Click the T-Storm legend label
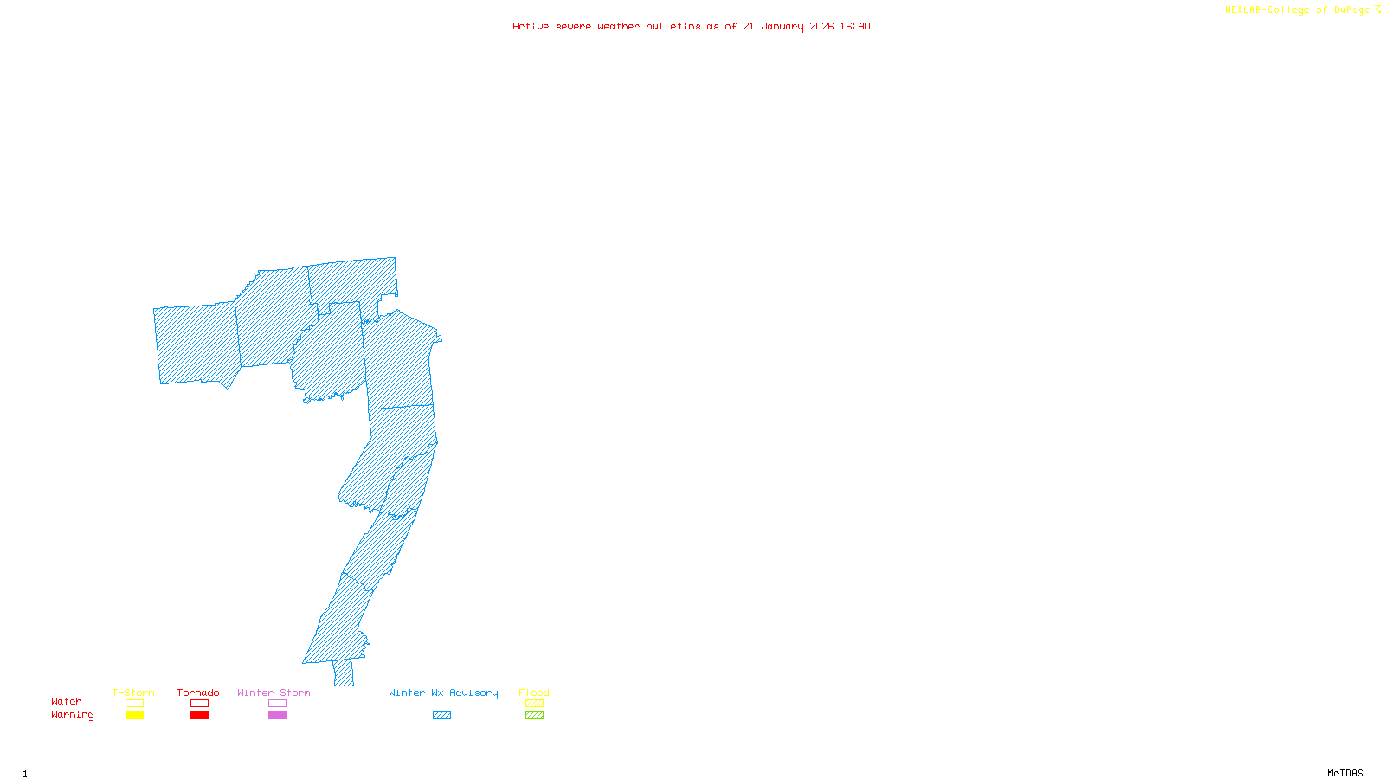pyautogui.click(x=133, y=692)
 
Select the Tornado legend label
pyautogui.click(x=198, y=692)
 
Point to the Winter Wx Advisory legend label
pyautogui.click(x=443, y=692)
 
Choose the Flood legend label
pyautogui.click(x=534, y=692)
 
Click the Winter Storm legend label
pyautogui.click(x=274, y=692)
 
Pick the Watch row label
pyautogui.click(x=67, y=701)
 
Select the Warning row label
pyautogui.click(x=73, y=715)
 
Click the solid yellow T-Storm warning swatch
pyautogui.click(x=134, y=716)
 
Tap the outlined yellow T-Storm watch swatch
pyautogui.click(x=134, y=704)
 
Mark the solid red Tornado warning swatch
pyautogui.click(x=199, y=716)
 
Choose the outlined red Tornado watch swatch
pyautogui.click(x=199, y=704)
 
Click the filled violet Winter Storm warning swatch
pyautogui.click(x=277, y=716)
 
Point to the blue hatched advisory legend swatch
pyautogui.click(x=441, y=716)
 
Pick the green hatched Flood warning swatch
pyautogui.click(x=535, y=716)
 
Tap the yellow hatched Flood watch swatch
pyautogui.click(x=535, y=704)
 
